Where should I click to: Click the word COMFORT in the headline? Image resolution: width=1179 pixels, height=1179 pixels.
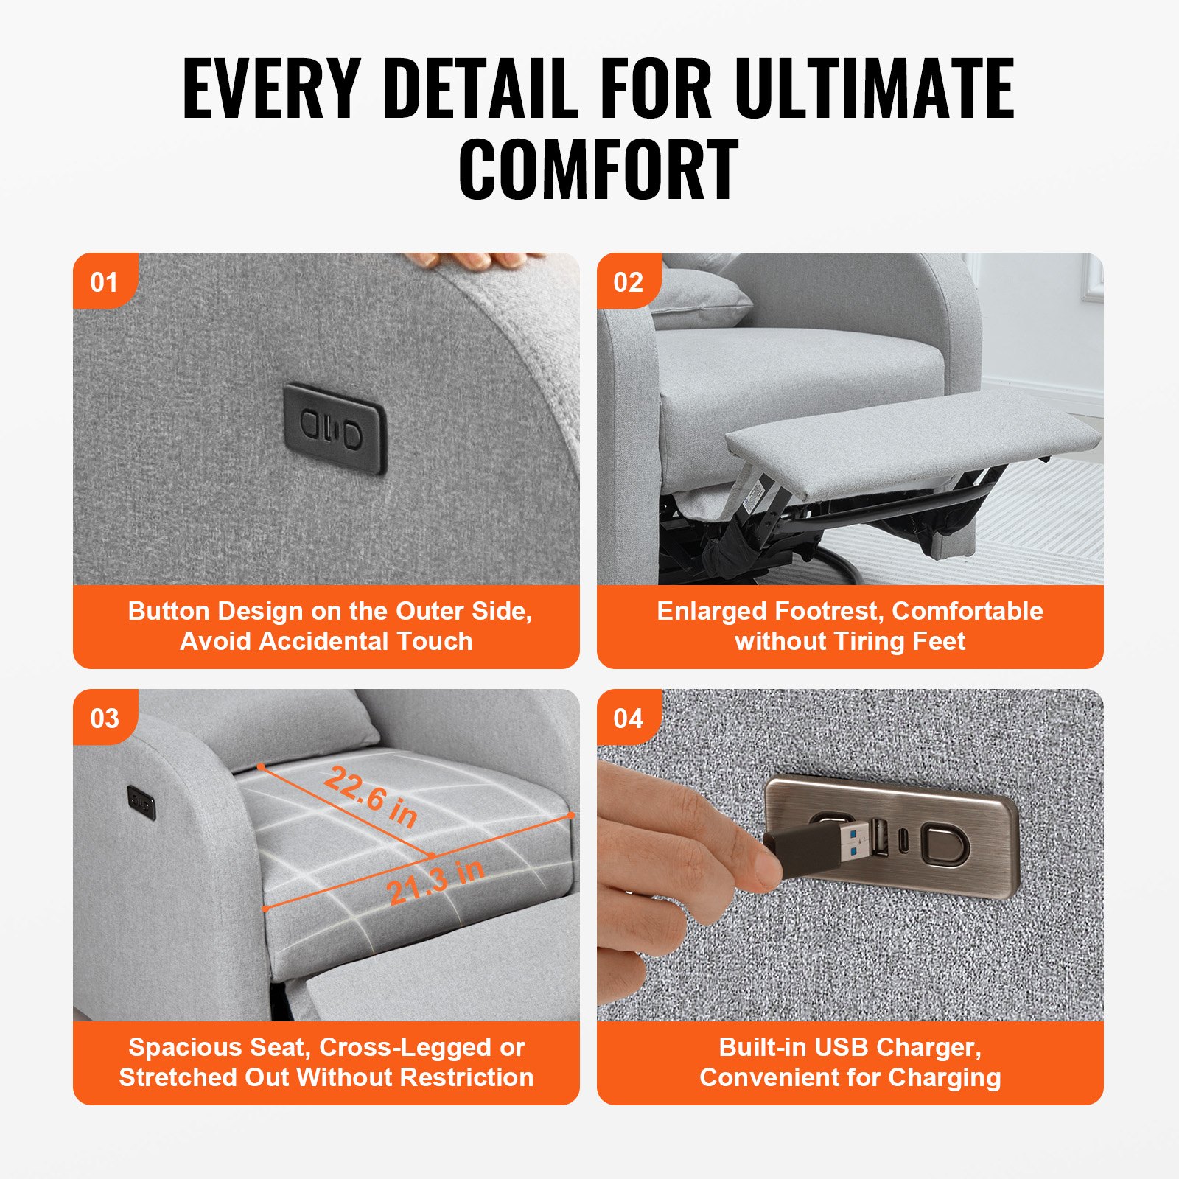(598, 170)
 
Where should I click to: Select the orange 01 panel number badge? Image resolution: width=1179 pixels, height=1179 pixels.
(104, 282)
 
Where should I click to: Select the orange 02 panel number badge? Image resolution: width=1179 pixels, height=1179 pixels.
(628, 282)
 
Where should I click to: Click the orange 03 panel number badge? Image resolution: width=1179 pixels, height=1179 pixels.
(104, 718)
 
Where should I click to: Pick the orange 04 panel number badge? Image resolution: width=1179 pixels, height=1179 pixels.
(628, 718)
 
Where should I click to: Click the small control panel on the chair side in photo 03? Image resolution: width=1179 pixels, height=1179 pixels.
(141, 802)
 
